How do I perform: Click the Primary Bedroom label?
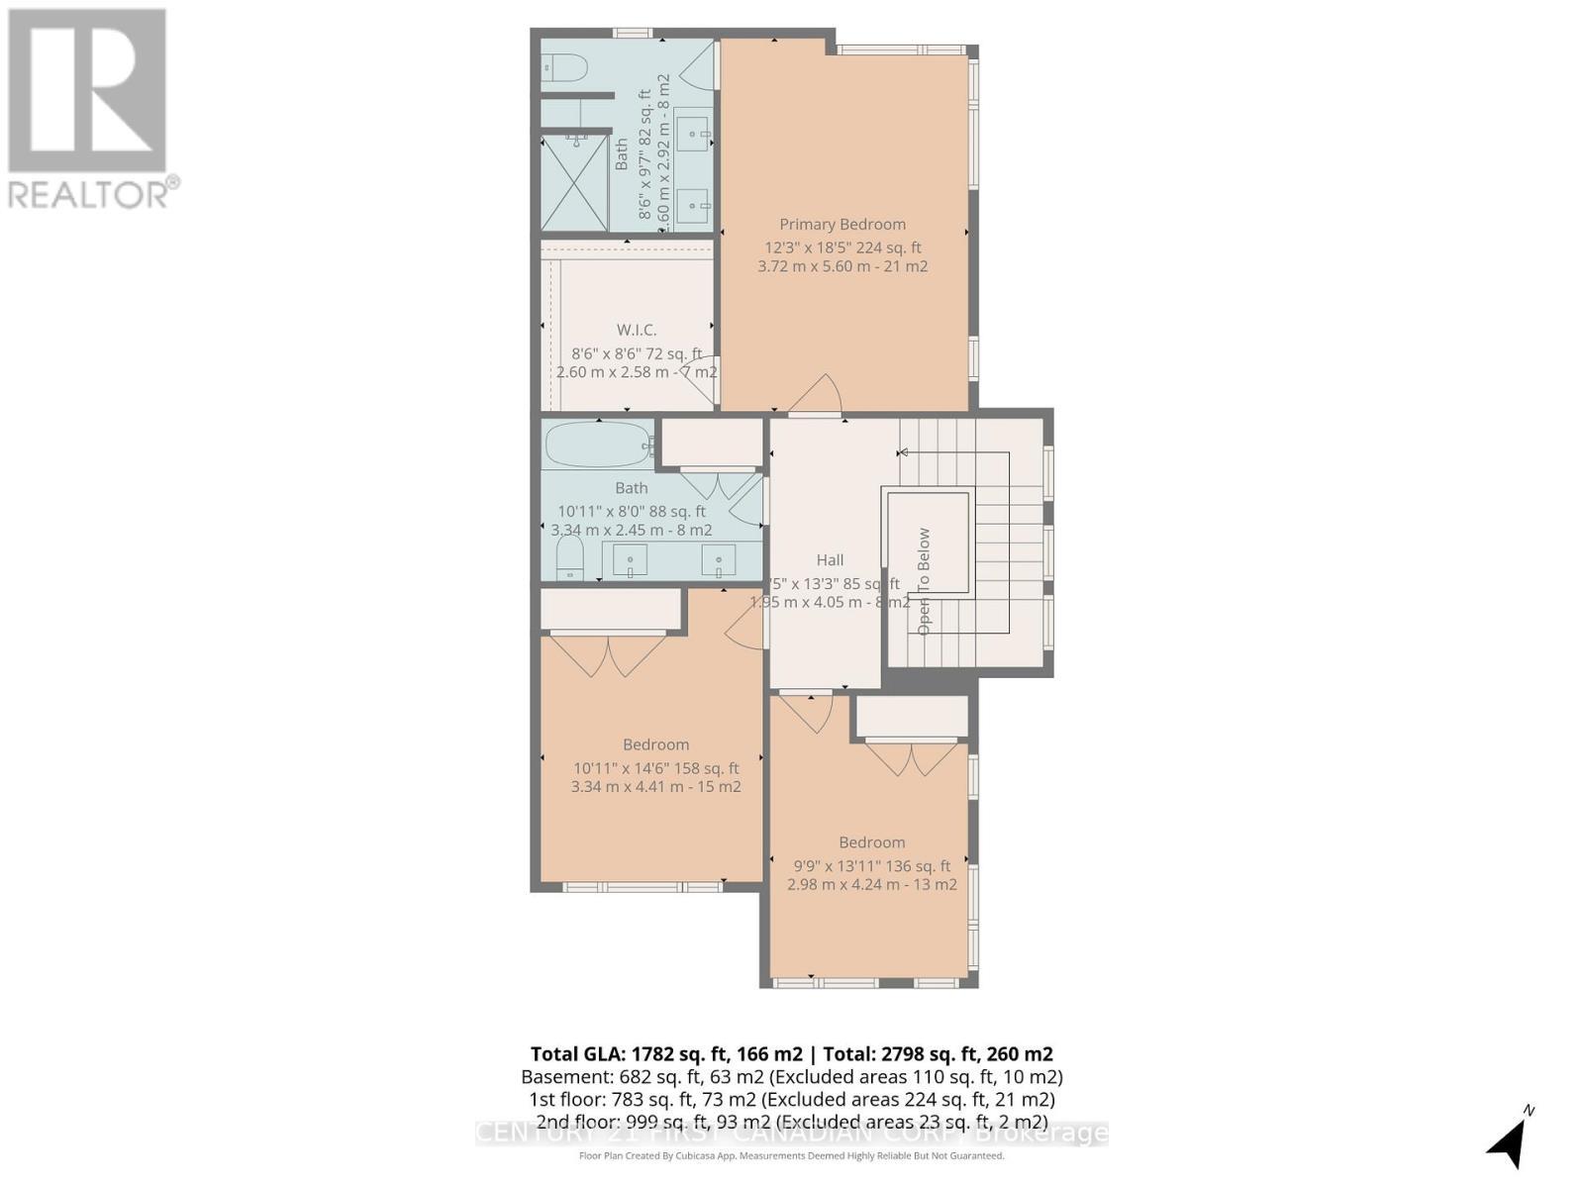[841, 225]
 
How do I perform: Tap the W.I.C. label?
[637, 330]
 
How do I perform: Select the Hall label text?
[830, 560]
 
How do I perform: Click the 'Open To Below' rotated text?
[924, 581]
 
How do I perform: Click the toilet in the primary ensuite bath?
[565, 68]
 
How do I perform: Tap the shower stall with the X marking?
[574, 184]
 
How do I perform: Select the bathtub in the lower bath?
[597, 445]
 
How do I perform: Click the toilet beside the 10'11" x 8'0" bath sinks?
[569, 559]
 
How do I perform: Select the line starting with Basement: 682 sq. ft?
[791, 1077]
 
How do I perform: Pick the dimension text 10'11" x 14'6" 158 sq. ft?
[655, 768]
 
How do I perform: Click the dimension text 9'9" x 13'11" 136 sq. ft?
[871, 866]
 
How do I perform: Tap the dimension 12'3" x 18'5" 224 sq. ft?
[841, 248]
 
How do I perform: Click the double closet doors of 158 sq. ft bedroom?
[608, 653]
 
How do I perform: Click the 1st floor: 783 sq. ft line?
[791, 1100]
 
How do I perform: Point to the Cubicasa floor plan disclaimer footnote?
[791, 1156]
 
